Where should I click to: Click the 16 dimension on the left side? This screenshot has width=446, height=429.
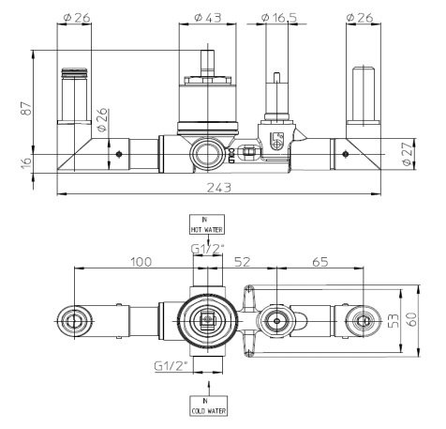point(25,161)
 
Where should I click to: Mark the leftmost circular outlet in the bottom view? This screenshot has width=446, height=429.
point(73,322)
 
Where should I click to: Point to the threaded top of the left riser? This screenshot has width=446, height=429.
point(72,74)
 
